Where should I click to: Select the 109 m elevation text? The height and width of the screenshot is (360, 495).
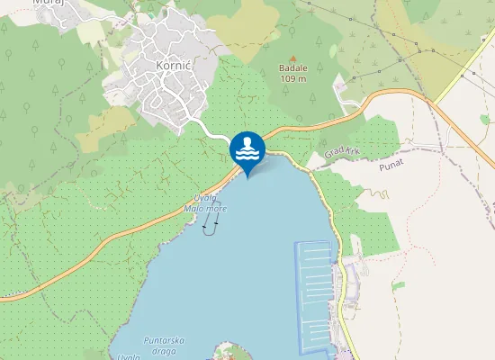[x=292, y=79]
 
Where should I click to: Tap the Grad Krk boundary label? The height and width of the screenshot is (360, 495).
[x=342, y=154]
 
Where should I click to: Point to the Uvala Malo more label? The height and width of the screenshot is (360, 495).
[x=205, y=203]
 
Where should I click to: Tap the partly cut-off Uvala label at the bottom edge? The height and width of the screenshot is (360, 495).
[x=127, y=356]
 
